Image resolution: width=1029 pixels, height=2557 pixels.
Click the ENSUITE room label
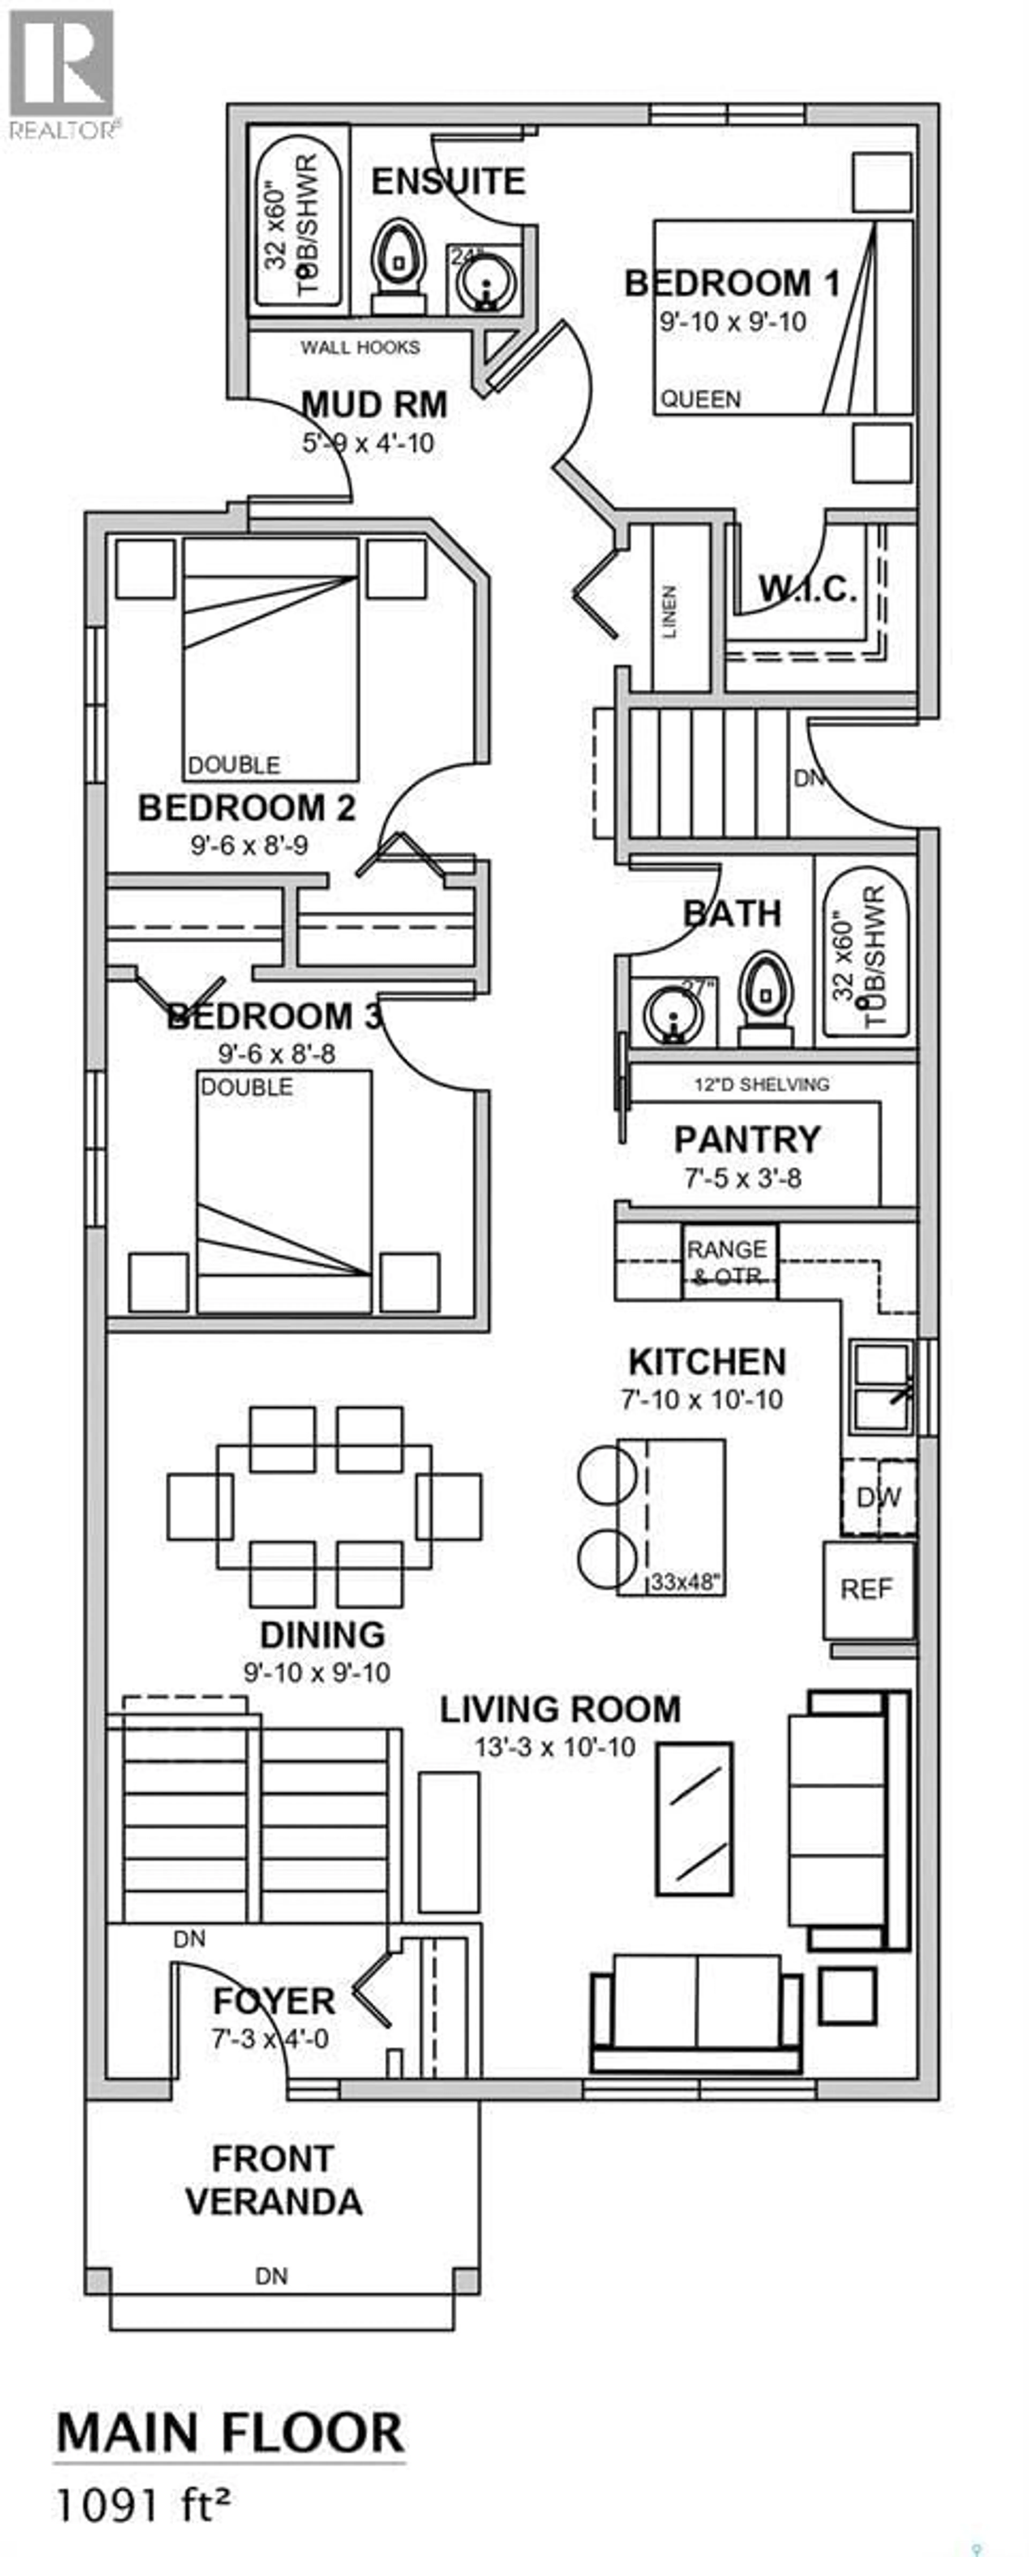click(448, 182)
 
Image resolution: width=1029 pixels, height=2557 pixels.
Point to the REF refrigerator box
click(866, 1589)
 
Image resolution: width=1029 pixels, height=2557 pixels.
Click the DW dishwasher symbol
click(878, 1497)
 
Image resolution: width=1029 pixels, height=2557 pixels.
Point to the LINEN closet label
click(669, 611)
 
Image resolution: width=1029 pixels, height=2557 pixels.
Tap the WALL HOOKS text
click(360, 347)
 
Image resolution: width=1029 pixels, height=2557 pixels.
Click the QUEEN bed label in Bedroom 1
click(700, 399)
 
